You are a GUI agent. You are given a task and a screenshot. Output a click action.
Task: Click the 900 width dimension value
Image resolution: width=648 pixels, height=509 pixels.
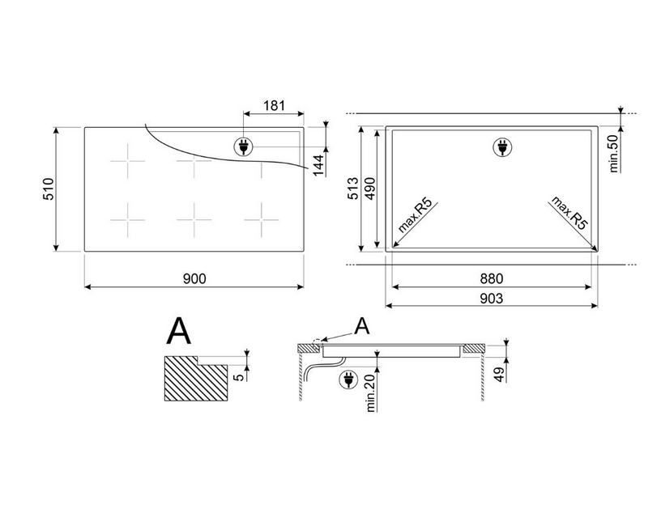pos(194,279)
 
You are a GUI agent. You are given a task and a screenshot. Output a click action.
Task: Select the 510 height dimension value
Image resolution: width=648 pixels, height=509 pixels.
pos(49,189)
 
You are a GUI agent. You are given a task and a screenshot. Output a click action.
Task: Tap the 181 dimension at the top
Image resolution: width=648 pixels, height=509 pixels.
pos(275,106)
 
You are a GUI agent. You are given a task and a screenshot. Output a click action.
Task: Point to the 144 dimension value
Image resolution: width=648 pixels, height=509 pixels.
pos(318,165)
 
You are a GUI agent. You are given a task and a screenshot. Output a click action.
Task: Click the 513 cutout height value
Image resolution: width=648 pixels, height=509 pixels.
pos(352,189)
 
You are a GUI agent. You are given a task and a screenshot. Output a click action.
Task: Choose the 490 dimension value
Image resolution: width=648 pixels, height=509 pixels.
pos(370,189)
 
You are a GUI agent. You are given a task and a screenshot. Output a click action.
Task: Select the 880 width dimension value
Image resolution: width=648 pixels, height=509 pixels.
pos(492,279)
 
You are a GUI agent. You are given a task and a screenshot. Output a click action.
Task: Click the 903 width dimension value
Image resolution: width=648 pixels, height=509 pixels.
pos(492,298)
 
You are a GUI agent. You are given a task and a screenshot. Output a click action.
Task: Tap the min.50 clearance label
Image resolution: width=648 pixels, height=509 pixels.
pos(613,154)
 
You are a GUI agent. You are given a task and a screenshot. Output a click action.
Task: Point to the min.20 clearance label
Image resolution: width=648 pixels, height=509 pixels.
pos(370,393)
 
